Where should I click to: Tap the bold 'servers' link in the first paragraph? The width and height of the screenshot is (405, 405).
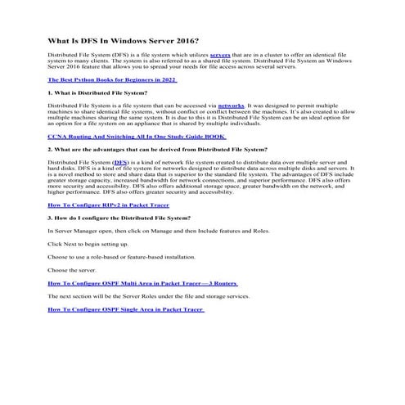pyautogui.click(x=220, y=52)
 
